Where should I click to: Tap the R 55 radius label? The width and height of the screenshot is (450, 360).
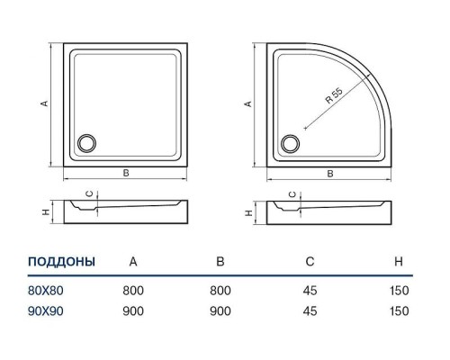pos(334,95)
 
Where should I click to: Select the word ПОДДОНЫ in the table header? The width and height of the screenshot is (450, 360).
pos(61,262)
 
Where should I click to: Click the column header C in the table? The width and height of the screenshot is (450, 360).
pos(310,262)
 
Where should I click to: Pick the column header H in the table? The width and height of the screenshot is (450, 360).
pos(399,262)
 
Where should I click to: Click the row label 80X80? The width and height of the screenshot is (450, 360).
pos(46,291)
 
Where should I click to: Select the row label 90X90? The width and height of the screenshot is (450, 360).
pos(46,311)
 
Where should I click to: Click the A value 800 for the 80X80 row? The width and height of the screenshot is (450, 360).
pos(133,291)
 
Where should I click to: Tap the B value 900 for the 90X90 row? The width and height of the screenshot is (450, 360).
pos(220,311)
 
